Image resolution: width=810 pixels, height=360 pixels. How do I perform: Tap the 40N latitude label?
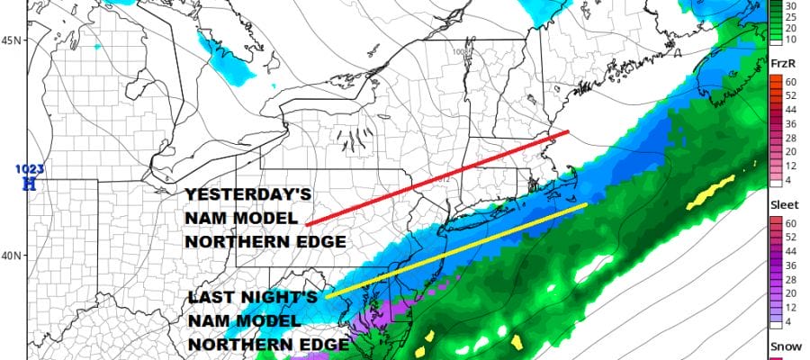coord(12,256)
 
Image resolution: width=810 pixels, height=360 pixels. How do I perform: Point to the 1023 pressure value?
coord(30,168)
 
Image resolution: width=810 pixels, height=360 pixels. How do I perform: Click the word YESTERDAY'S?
coord(235,196)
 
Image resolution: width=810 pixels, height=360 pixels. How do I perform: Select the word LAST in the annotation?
coord(208,299)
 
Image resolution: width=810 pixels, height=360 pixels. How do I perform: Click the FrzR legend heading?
coord(785,64)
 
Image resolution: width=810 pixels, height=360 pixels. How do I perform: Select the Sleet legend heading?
coord(785,206)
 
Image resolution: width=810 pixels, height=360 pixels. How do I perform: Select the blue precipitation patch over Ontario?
coord(225,63)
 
